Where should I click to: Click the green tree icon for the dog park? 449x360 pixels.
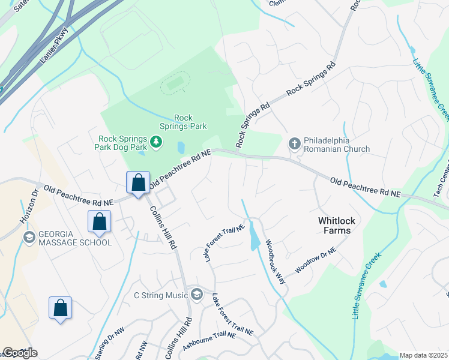click(x=157, y=142)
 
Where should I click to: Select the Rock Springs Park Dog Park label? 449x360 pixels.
click(x=123, y=142)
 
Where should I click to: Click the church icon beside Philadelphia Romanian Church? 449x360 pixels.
click(x=294, y=143)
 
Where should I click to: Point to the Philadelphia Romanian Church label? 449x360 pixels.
click(x=336, y=145)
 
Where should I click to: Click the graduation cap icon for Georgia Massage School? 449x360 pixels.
click(x=28, y=238)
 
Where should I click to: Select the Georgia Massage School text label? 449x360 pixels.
click(x=66, y=238)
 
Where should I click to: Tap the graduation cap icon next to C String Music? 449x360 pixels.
click(x=196, y=294)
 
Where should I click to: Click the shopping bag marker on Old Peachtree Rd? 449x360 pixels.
click(x=138, y=183)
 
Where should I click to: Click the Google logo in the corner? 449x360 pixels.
click(x=20, y=353)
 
